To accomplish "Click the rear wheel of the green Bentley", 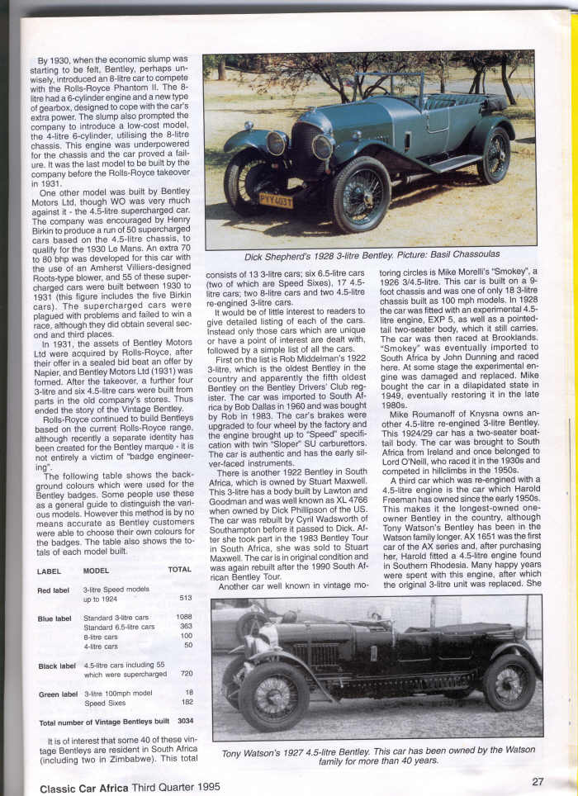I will click(494, 155).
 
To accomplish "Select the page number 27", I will click(538, 781).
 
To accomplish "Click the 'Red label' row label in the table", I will click(54, 590).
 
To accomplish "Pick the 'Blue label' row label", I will click(54, 618).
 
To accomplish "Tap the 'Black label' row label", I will click(56, 666).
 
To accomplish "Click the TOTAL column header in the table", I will click(179, 570).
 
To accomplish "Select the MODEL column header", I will click(97, 570).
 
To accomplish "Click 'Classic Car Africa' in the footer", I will click(83, 786).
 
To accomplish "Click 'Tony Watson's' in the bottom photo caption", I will click(249, 754).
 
